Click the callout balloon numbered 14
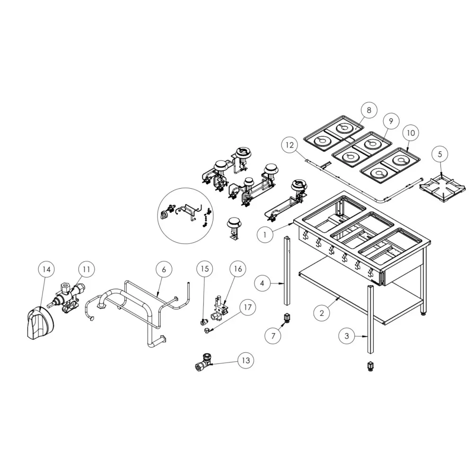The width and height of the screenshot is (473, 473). click(46, 269)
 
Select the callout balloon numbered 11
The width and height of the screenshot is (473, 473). click(86, 269)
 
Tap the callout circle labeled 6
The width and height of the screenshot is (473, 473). click(164, 269)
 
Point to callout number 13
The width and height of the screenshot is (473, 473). click(245, 360)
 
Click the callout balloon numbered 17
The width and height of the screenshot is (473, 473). click(246, 307)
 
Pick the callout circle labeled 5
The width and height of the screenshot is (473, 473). click(440, 154)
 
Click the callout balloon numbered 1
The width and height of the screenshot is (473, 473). click(265, 234)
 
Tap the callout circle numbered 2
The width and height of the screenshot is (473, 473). click(321, 313)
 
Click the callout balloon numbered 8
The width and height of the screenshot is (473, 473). click(369, 110)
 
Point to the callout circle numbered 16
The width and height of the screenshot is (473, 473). click(237, 269)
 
